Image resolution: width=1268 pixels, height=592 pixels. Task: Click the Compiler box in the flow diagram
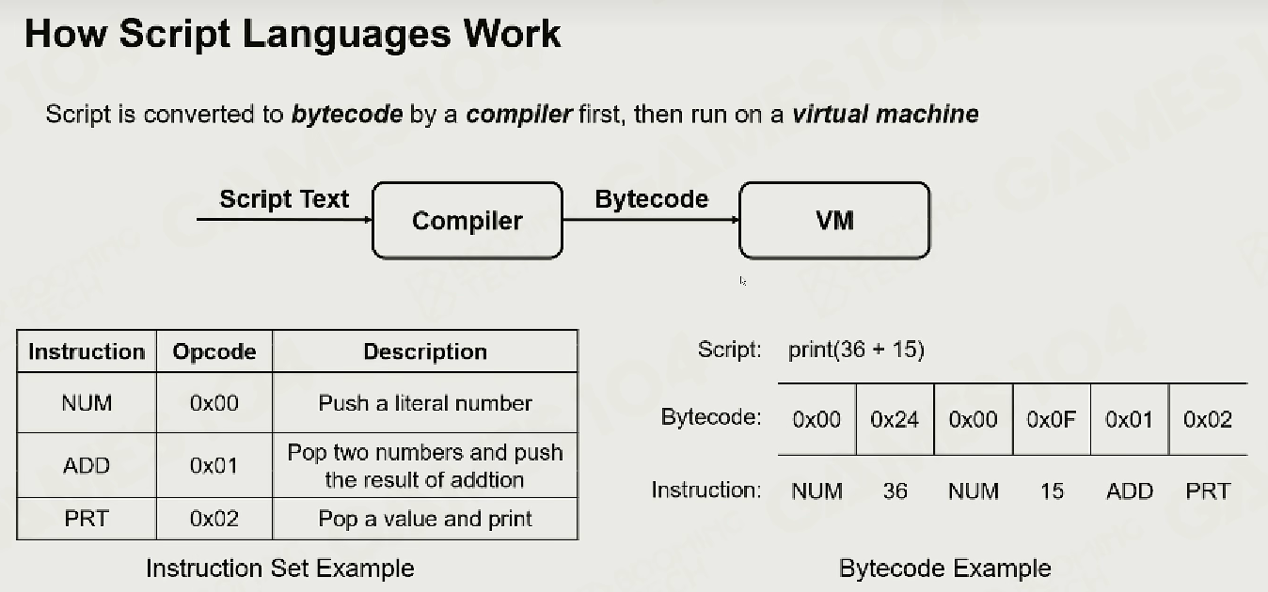tap(468, 221)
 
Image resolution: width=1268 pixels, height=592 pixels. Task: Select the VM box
tap(834, 221)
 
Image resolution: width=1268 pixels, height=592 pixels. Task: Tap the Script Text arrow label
tap(284, 199)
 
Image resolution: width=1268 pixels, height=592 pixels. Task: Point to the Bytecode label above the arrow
tap(652, 199)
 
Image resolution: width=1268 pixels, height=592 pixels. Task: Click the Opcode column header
tap(214, 351)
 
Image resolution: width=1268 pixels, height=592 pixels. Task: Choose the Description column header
tap(425, 351)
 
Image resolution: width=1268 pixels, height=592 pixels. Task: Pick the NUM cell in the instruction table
tap(87, 402)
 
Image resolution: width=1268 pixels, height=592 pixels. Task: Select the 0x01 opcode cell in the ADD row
tap(214, 465)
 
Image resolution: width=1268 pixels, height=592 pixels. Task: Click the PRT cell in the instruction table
tap(87, 519)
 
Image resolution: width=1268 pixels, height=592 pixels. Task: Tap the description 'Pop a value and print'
tap(425, 519)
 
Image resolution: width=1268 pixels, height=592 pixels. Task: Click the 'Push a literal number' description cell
tap(425, 402)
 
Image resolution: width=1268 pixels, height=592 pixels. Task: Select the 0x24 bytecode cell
tap(895, 419)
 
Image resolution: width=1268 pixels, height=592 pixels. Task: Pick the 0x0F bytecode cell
tap(1052, 419)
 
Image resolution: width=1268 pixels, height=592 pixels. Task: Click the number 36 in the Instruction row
tap(895, 491)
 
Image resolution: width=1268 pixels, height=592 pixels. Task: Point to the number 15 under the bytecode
tap(1052, 491)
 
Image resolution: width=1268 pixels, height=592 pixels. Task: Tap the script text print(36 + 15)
tap(857, 350)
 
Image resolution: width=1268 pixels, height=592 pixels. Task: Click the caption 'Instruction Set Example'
tap(280, 569)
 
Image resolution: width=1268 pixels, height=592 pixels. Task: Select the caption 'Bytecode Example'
tap(944, 569)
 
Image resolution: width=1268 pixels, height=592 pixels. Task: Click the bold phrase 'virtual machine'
tap(885, 115)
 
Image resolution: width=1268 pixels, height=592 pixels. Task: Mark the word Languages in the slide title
tap(347, 35)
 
